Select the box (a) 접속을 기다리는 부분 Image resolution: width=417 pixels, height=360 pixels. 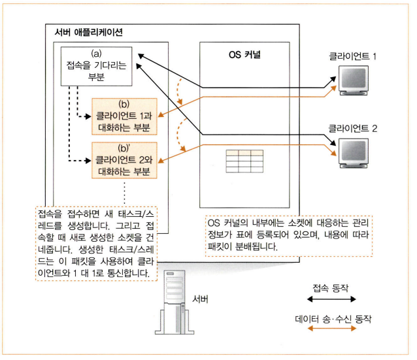tap(97, 67)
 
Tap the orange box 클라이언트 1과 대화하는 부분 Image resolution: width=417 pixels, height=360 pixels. tap(124, 115)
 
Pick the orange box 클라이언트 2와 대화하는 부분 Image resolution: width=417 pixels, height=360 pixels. tap(124, 161)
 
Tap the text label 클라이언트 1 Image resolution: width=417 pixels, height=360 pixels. tap(353, 57)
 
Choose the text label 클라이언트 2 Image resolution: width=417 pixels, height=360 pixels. tap(353, 129)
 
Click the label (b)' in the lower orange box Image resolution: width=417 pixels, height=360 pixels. tap(124, 148)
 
